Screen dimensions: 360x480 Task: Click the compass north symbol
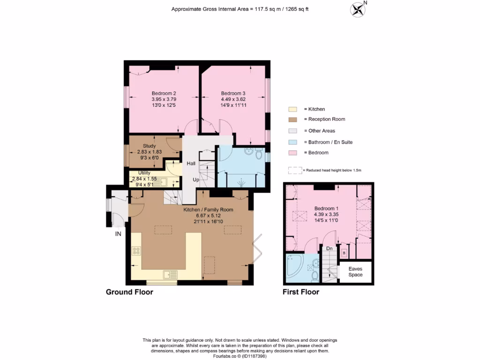(359, 9)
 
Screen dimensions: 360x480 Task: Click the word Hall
(191, 164)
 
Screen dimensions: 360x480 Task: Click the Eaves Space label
(355, 272)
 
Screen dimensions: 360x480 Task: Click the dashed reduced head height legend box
(295, 170)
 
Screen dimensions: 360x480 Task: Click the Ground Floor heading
(129, 292)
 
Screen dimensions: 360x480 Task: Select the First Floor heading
(300, 292)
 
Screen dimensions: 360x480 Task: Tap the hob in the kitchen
(136, 251)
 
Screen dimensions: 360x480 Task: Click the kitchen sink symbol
(170, 274)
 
